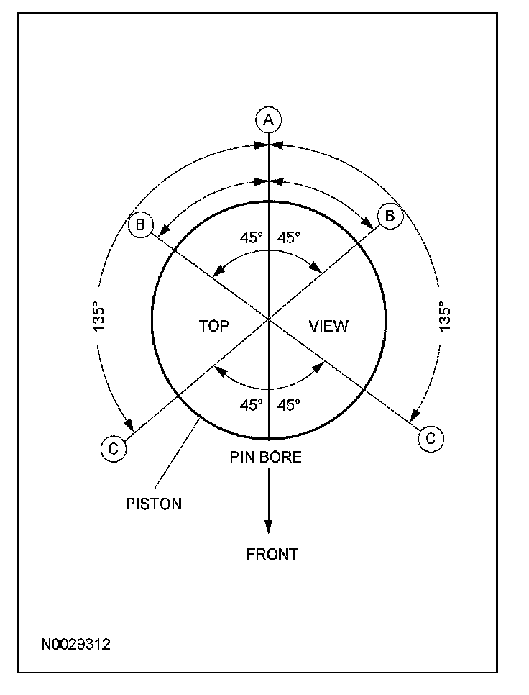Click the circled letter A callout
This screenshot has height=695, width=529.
(268, 119)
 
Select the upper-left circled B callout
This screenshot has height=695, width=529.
(140, 224)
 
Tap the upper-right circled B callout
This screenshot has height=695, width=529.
(390, 216)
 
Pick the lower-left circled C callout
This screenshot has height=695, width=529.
(113, 448)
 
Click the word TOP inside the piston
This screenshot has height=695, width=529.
(213, 326)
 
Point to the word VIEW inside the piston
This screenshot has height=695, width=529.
(328, 326)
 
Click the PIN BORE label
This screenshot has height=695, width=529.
(266, 457)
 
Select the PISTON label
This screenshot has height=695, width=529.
(153, 504)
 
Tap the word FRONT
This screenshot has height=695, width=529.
(272, 554)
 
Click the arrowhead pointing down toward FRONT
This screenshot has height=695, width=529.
(269, 526)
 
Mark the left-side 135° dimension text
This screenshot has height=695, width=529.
(99, 317)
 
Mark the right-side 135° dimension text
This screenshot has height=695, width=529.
(446, 317)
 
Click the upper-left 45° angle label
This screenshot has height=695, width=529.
(252, 237)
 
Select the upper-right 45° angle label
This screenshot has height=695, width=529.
(289, 237)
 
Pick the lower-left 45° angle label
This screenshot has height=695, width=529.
(252, 405)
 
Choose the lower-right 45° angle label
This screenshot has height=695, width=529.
(289, 405)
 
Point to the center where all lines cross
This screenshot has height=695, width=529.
(269, 318)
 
